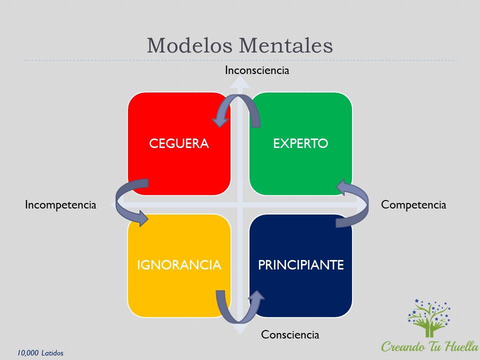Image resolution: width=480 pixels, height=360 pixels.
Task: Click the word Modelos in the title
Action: (190, 45)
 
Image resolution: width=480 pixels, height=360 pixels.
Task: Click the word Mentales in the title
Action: (286, 45)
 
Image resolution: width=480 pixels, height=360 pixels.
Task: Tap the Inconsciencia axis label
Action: (257, 70)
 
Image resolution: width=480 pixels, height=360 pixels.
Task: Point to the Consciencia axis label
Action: (290, 334)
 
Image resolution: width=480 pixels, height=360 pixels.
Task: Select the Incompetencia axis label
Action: (60, 205)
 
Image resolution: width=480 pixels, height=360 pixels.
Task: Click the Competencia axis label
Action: (413, 205)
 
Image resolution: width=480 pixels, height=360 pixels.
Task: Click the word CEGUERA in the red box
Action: (179, 143)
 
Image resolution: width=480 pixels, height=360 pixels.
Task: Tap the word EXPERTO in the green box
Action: (300, 143)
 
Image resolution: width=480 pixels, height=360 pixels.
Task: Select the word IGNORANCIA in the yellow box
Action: (179, 265)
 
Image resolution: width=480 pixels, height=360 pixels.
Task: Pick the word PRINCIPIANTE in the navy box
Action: (301, 265)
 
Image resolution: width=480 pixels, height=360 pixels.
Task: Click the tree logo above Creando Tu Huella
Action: (429, 318)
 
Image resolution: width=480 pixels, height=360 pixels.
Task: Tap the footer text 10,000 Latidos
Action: (40, 353)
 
